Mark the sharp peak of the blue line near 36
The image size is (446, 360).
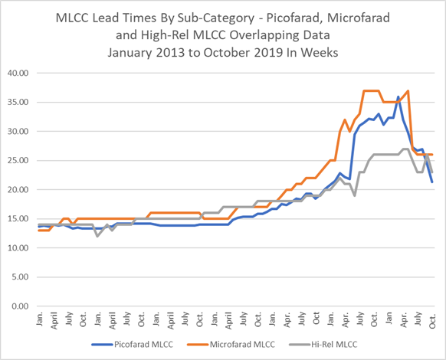(x=398, y=97)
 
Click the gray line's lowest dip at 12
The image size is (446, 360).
(x=97, y=236)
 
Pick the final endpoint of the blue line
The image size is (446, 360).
(x=432, y=182)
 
